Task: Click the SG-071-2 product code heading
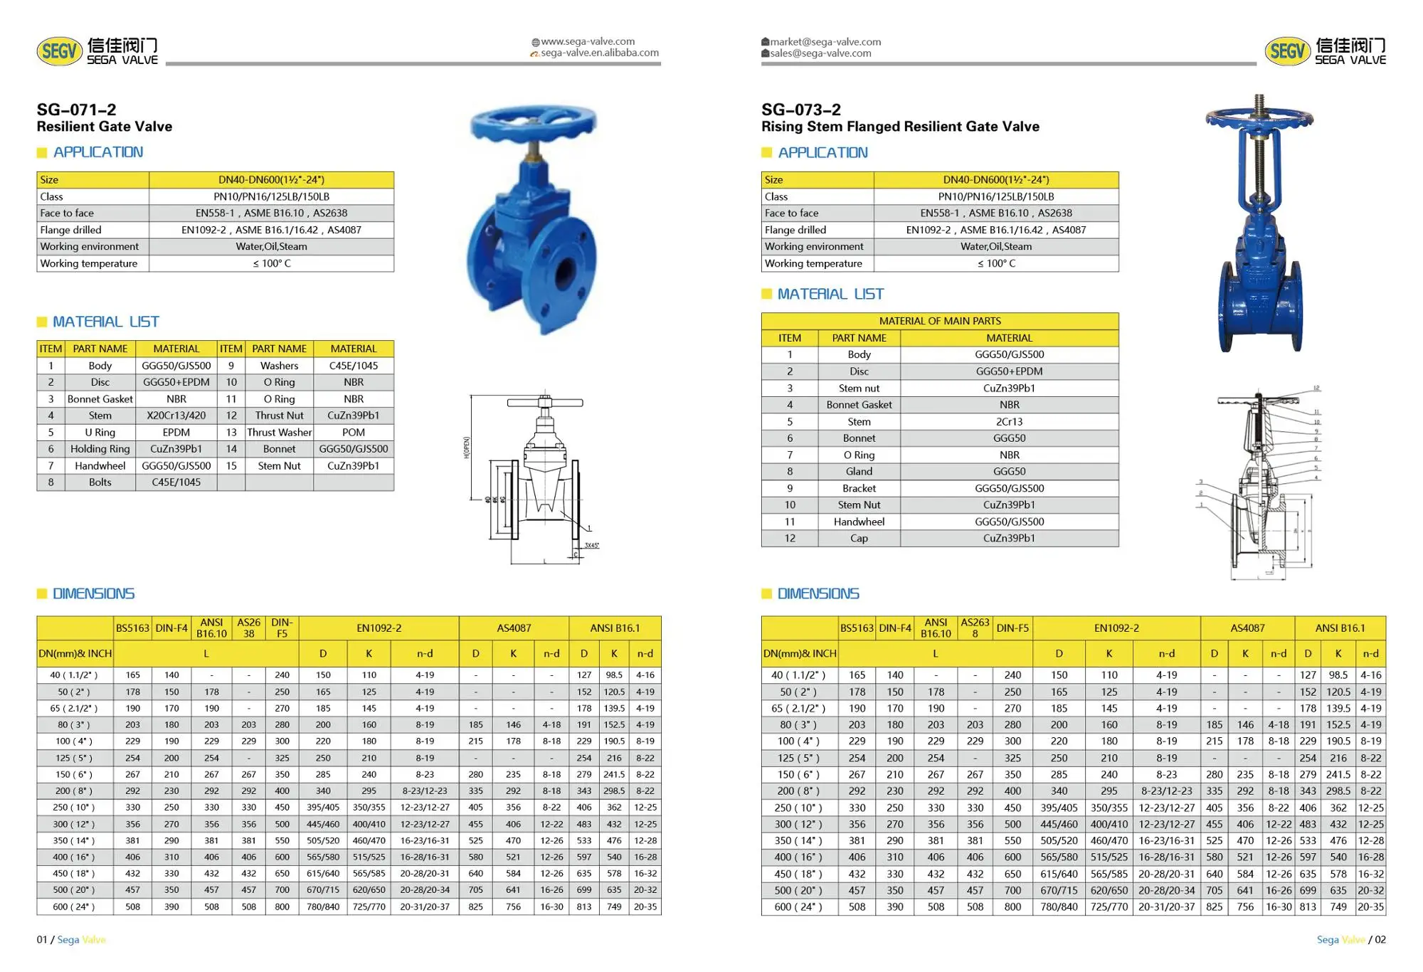coord(76,110)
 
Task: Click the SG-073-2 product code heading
coord(800,110)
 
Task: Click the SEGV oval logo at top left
coord(59,51)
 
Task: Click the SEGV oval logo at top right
coord(1287,51)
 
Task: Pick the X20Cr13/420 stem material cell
coord(176,416)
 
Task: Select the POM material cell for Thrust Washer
coord(353,433)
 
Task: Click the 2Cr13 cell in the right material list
coord(1009,421)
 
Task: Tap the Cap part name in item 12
coord(859,538)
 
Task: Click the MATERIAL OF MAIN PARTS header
coord(939,321)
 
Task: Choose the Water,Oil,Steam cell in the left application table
coord(271,246)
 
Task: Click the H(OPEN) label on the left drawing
coord(467,447)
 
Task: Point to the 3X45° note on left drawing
coord(591,546)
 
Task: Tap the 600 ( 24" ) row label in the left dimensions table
coord(73,907)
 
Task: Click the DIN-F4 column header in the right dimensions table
coord(894,628)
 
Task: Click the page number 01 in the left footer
coord(42,939)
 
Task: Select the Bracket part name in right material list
coord(859,488)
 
